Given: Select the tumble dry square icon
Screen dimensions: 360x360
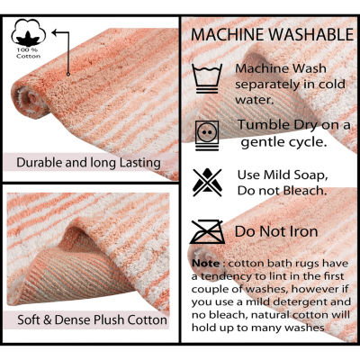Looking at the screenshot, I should (209, 132).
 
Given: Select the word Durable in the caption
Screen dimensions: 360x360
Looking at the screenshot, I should (35, 163).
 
